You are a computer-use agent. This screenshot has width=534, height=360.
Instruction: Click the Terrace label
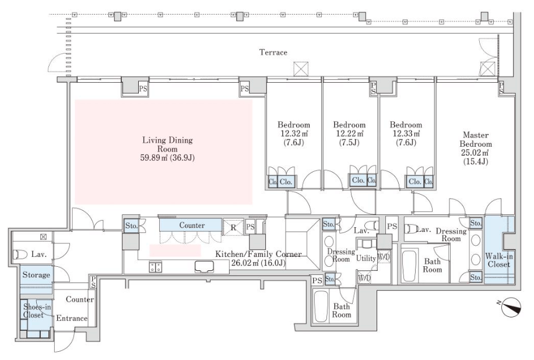pyautogui.click(x=273, y=52)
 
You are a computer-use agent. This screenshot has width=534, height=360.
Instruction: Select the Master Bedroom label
pyautogui.click(x=476, y=139)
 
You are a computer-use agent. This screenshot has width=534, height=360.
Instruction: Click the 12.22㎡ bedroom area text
pyautogui.click(x=349, y=134)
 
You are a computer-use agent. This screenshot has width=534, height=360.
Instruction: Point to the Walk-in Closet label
pyautogui.click(x=499, y=260)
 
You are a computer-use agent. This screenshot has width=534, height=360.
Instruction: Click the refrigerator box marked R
pyautogui.click(x=233, y=227)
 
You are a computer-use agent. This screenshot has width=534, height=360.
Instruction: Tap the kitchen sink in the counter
pyautogui.click(x=205, y=267)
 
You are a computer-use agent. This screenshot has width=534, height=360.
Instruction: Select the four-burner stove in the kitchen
pyautogui.click(x=155, y=267)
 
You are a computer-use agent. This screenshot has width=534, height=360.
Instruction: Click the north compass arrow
pyautogui.click(x=511, y=305)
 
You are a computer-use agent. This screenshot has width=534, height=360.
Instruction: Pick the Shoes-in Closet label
pyautogui.click(x=37, y=311)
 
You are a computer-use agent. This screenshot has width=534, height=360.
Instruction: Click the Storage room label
pyautogui.click(x=36, y=275)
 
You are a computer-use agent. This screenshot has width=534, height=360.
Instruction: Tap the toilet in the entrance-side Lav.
pyautogui.click(x=20, y=254)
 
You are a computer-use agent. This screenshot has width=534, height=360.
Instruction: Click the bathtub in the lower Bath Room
pyautogui.click(x=321, y=306)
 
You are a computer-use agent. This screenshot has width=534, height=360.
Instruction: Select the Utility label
pyautogui.click(x=366, y=258)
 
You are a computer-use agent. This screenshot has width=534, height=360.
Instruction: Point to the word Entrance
pyautogui.click(x=72, y=319)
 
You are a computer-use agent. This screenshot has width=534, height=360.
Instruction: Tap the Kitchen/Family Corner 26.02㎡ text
pyautogui.click(x=258, y=259)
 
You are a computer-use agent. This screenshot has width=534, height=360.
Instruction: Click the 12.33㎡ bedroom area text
pyautogui.click(x=406, y=134)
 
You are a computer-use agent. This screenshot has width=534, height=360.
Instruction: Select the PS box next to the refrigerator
pyautogui.click(x=250, y=227)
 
